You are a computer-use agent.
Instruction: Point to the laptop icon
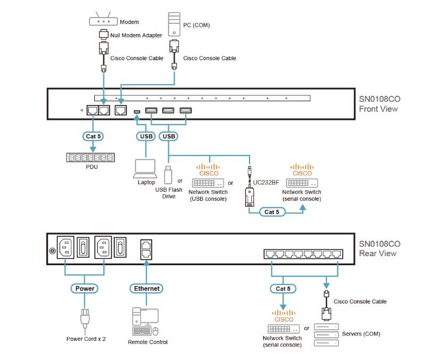(x=144, y=168)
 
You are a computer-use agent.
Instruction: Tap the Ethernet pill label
(x=146, y=288)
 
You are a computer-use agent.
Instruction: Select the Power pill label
(x=85, y=288)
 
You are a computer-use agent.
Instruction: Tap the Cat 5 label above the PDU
(x=93, y=136)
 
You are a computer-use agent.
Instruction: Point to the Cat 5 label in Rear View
(x=283, y=289)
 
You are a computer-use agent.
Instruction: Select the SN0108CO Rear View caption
(x=379, y=248)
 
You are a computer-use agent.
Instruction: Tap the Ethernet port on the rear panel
(x=146, y=248)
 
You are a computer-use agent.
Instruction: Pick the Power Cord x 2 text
(x=86, y=338)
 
